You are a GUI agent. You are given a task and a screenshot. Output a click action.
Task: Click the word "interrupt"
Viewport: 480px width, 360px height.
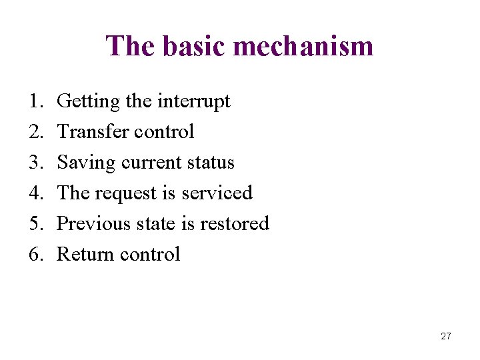pyautogui.click(x=193, y=101)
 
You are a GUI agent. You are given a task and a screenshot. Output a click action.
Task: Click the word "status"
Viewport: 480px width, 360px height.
pyautogui.click(x=210, y=163)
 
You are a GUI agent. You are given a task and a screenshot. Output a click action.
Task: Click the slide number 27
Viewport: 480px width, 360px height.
pyautogui.click(x=445, y=336)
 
